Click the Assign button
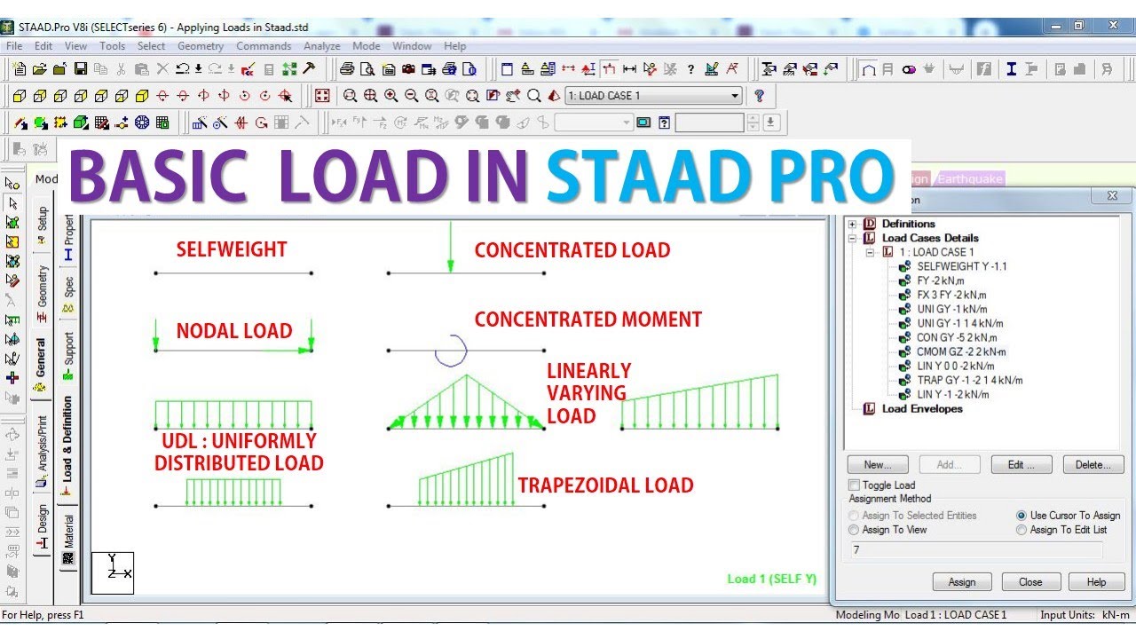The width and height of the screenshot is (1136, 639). (x=961, y=582)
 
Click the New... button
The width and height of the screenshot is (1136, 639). (x=877, y=464)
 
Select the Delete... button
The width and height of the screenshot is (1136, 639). (x=1093, y=464)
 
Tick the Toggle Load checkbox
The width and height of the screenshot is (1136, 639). (x=855, y=485)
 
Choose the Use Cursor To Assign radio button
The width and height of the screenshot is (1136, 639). (x=1022, y=516)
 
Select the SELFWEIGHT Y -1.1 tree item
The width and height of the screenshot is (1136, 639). (x=961, y=266)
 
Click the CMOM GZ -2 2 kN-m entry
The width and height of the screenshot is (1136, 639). (x=961, y=351)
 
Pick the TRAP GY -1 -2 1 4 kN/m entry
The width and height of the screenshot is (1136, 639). (x=969, y=380)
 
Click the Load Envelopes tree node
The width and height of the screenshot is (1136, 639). (x=921, y=409)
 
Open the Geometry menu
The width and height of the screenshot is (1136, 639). (x=201, y=46)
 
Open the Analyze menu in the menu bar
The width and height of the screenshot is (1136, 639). (x=321, y=46)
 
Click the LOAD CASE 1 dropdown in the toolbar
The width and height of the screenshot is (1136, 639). (x=653, y=96)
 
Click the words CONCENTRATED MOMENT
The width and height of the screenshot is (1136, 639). (x=588, y=319)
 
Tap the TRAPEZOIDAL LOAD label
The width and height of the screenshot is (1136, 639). (x=605, y=485)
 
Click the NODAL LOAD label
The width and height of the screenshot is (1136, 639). (x=233, y=331)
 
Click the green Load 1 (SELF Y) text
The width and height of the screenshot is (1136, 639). (x=771, y=580)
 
